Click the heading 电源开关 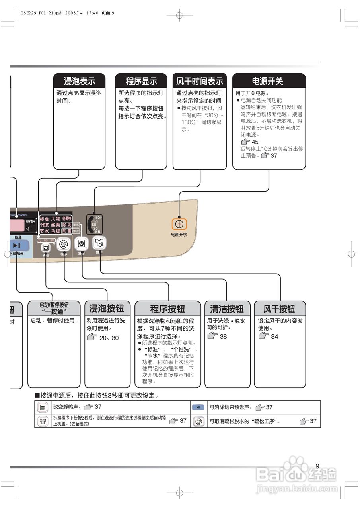point(269,81)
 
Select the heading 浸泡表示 point(80,81)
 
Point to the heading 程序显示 point(141,81)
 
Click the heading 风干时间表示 point(200,81)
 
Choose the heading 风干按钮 point(280,309)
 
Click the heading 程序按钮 point(167,309)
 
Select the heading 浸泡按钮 point(107,309)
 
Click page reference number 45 point(255,142)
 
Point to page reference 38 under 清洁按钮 point(223,336)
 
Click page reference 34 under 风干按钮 point(274,336)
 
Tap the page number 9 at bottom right point(317,466)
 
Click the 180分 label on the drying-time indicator point(98,218)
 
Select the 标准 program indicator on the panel point(45,219)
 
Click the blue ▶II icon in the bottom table point(198,407)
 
